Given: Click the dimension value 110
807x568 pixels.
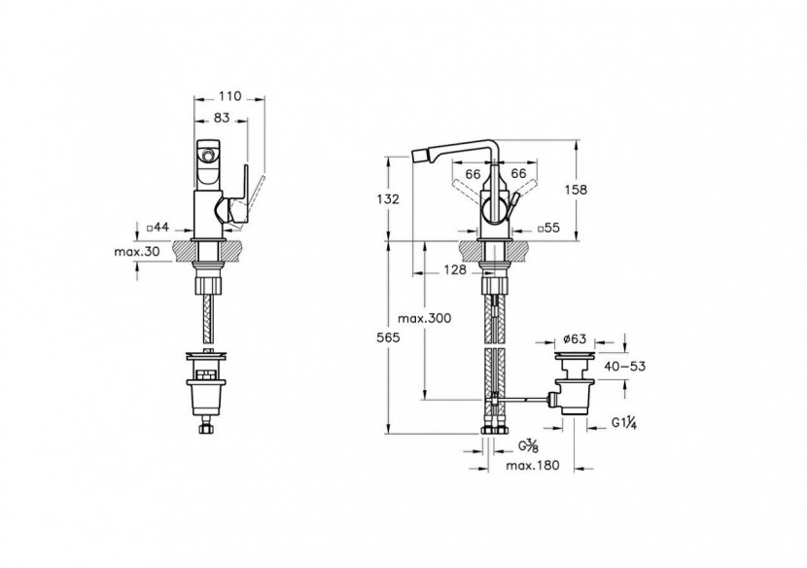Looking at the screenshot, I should (229, 97).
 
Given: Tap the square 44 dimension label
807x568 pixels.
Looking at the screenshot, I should (158, 227).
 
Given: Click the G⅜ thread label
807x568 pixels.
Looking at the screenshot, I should (529, 446).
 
